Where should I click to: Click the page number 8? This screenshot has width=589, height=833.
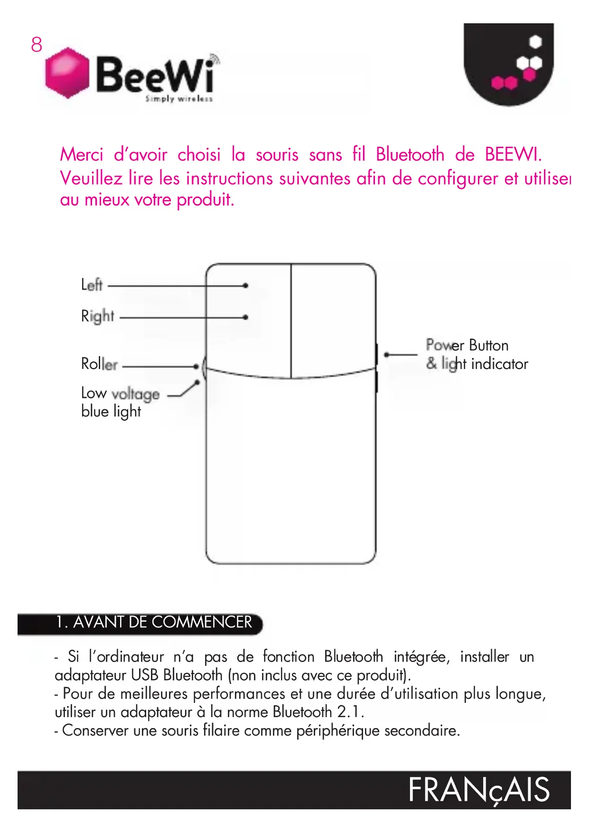[x=37, y=45]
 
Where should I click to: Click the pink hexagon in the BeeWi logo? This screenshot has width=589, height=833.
[x=67, y=73]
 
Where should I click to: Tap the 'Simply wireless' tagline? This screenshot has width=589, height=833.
[x=179, y=99]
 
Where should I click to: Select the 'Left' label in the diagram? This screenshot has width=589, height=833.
[x=92, y=285]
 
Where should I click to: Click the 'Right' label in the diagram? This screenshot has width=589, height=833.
[x=98, y=316]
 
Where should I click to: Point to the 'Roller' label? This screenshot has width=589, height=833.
[x=100, y=364]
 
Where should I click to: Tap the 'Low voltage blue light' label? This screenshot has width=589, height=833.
[x=120, y=402]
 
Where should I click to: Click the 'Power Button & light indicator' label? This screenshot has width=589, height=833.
[x=476, y=354]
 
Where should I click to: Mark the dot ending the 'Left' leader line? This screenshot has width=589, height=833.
[x=245, y=285]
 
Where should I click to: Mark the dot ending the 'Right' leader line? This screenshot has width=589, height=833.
[x=245, y=317]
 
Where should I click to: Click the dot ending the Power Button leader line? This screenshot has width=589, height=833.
[x=387, y=354]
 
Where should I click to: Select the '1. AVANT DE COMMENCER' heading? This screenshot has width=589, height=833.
[x=154, y=622]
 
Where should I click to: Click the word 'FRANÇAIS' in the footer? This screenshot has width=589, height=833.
[x=479, y=790]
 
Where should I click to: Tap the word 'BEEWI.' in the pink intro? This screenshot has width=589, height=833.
[x=513, y=155]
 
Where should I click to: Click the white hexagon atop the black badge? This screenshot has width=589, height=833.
[x=535, y=42]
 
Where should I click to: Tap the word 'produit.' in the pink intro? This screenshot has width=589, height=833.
[x=206, y=199]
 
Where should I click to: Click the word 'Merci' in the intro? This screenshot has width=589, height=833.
[x=82, y=155]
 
